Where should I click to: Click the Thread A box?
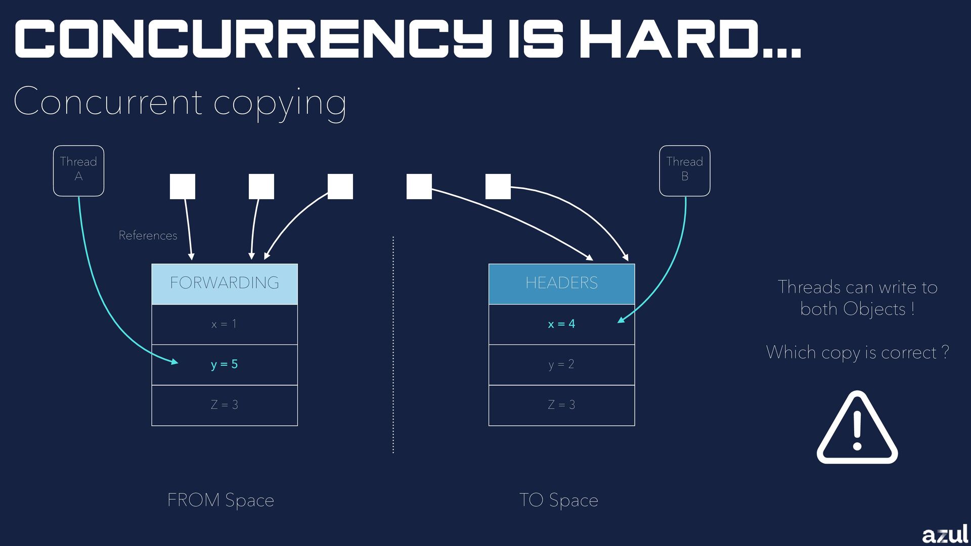[x=78, y=171]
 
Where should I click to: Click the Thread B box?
[x=684, y=171]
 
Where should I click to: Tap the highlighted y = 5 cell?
[x=225, y=365]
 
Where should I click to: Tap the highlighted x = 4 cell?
[x=561, y=324]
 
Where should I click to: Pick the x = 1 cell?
[x=225, y=324]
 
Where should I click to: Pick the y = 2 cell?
[x=561, y=365]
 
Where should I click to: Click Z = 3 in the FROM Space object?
[x=225, y=405]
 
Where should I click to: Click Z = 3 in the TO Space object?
[x=561, y=405]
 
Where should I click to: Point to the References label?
[x=148, y=236]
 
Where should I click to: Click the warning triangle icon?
[x=857, y=429]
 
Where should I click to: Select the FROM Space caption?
[x=220, y=500]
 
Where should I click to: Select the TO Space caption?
[x=558, y=500]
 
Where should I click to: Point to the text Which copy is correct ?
[x=857, y=352]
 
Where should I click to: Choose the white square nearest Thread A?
[x=183, y=187]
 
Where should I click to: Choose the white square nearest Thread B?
[x=498, y=187]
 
